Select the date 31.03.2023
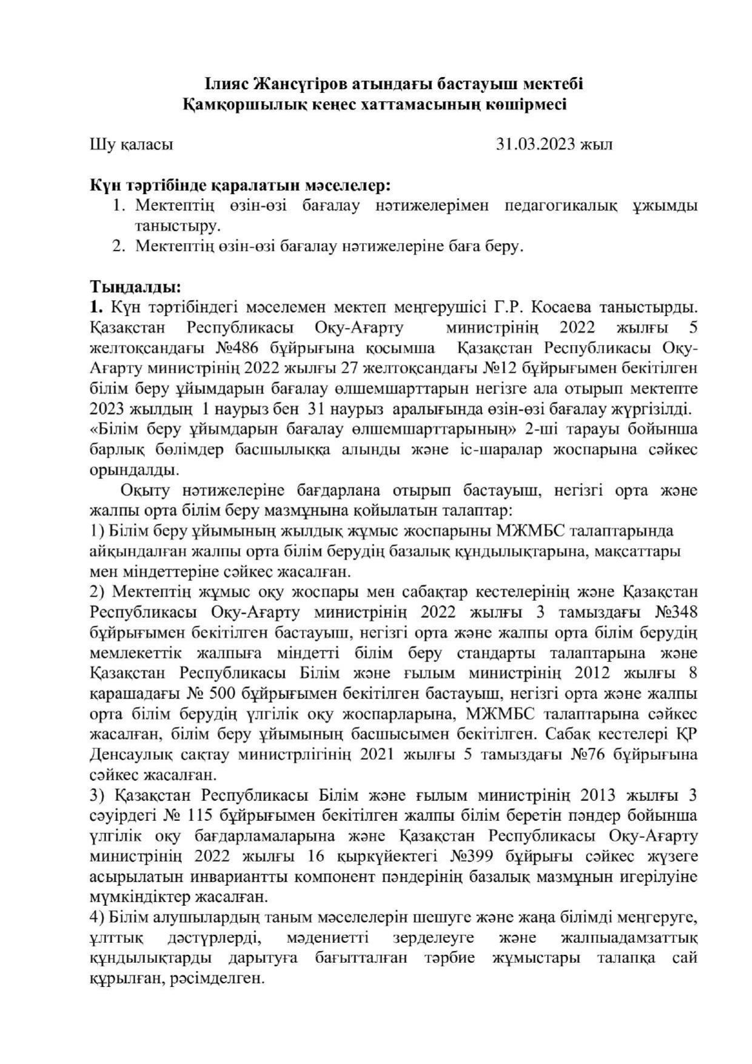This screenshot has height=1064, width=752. pyautogui.click(x=535, y=144)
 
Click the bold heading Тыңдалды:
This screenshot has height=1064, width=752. pyautogui.click(x=135, y=286)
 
